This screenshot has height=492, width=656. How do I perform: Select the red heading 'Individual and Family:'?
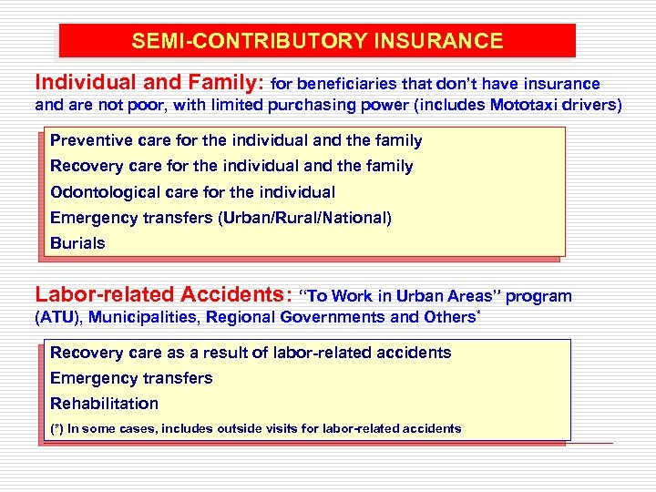click(x=149, y=83)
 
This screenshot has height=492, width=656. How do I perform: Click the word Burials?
click(x=77, y=243)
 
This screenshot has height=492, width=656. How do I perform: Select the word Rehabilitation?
click(x=104, y=404)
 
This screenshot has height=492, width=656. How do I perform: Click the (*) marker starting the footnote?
click(x=57, y=428)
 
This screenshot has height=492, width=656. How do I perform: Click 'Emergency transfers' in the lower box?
click(x=131, y=378)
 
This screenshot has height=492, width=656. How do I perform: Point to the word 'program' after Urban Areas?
click(x=538, y=296)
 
